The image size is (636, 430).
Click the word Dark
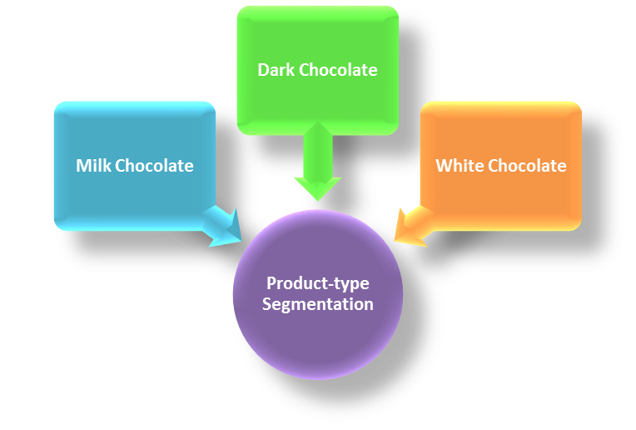(x=276, y=70)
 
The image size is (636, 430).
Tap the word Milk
(x=93, y=166)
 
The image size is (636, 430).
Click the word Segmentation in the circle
(x=317, y=304)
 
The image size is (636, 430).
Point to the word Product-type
(x=317, y=284)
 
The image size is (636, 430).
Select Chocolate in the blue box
(x=154, y=166)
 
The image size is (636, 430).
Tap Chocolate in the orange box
(x=526, y=166)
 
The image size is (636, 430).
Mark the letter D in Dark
(x=263, y=70)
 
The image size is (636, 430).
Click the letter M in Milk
(x=82, y=166)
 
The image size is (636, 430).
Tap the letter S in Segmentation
(x=266, y=304)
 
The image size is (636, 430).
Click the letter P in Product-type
(x=270, y=284)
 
